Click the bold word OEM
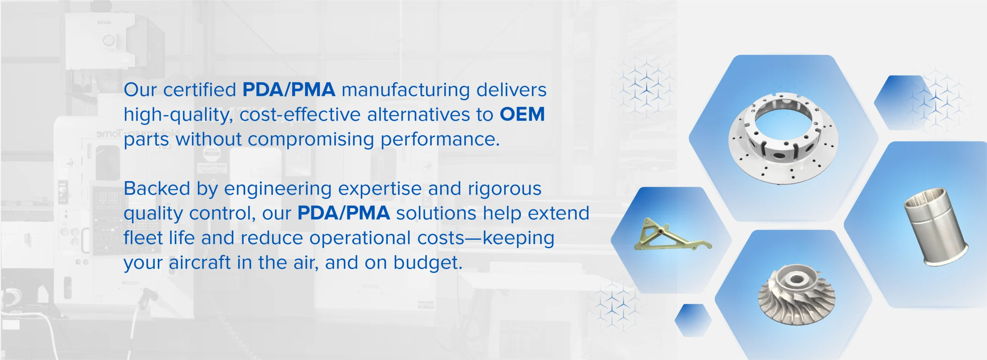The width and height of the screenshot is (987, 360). [x=522, y=114]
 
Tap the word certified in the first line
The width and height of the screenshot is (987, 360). [x=200, y=89]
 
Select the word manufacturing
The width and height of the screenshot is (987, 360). [x=406, y=90]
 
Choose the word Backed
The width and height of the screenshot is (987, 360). [x=157, y=188]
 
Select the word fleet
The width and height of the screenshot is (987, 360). [x=143, y=238]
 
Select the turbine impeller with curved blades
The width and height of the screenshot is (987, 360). [x=797, y=295]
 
